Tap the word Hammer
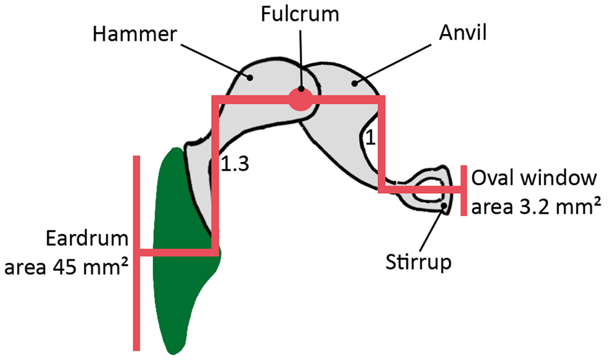(134, 35)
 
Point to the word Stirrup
(419, 263)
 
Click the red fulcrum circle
(300, 99)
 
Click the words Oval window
(533, 179)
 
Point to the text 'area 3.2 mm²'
(533, 207)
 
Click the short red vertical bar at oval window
(464, 190)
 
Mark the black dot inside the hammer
(250, 77)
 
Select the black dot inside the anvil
(353, 82)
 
